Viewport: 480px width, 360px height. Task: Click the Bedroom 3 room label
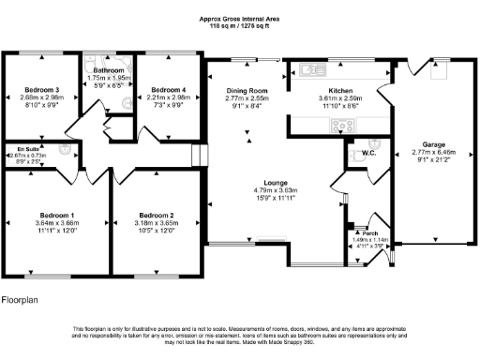tap(43, 90)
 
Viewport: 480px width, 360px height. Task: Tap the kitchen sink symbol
tap(311, 69)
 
